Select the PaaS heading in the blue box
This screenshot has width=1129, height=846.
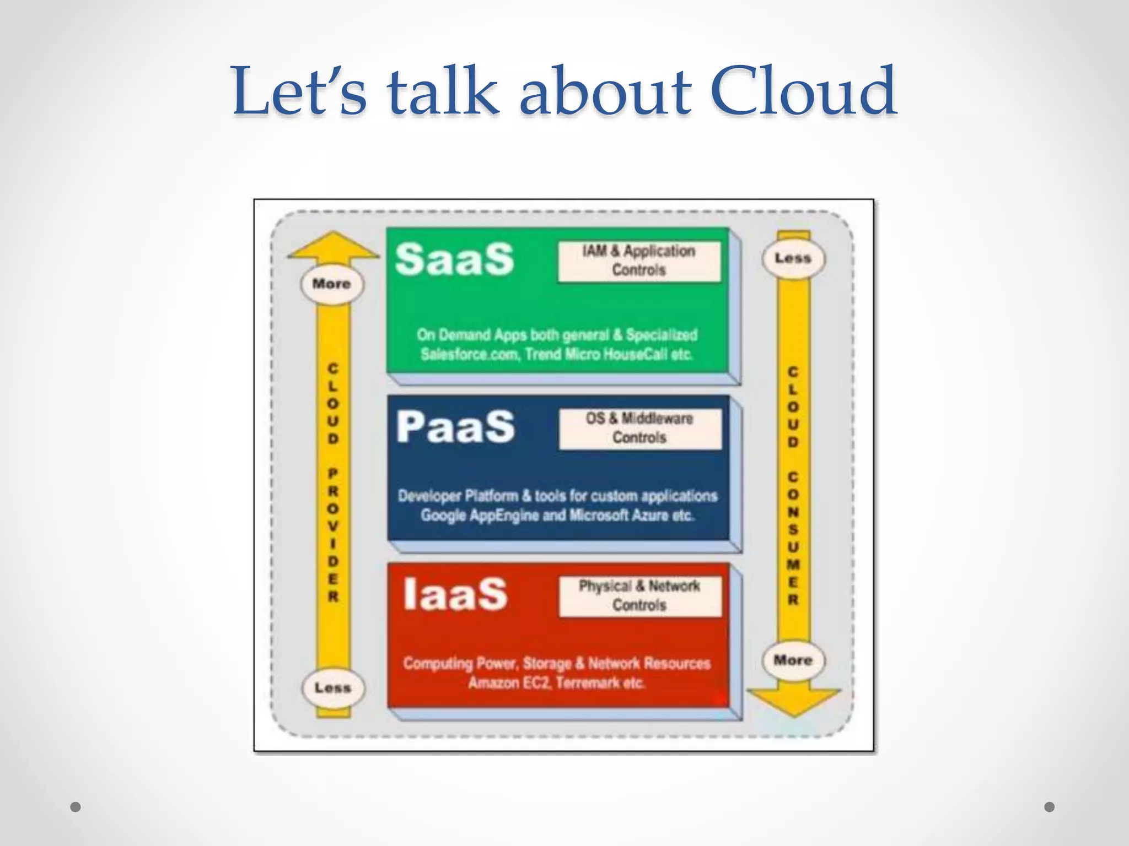[x=455, y=427]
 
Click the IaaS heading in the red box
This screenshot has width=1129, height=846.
[x=455, y=595]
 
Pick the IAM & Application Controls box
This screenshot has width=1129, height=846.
[x=639, y=261]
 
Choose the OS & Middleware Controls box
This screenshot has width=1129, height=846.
[x=639, y=429]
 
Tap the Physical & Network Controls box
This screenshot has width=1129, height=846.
[x=639, y=596]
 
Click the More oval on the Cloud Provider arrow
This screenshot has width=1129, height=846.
[x=332, y=284]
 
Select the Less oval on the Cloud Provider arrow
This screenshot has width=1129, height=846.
[x=332, y=688]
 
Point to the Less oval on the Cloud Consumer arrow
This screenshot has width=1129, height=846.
[x=793, y=258]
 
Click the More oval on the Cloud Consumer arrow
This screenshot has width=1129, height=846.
[x=793, y=660]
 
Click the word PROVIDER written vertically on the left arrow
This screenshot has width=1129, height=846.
[x=333, y=535]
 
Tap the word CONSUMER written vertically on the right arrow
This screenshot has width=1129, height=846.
[x=793, y=538]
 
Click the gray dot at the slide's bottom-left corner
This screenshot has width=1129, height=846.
[x=76, y=807]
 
